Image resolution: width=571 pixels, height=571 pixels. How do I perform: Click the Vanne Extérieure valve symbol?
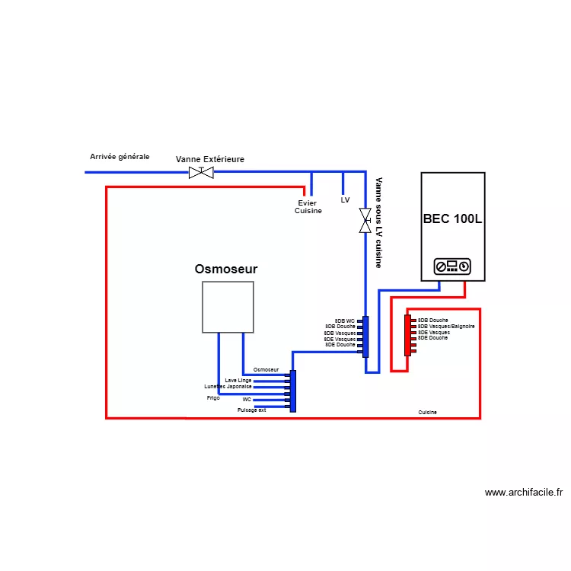(201, 172)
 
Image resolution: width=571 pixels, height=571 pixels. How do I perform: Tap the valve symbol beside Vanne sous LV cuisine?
(365, 221)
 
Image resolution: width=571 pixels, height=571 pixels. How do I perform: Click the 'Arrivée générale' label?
(120, 157)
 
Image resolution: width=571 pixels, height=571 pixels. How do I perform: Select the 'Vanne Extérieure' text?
(210, 159)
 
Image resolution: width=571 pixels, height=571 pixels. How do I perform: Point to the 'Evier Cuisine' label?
(308, 207)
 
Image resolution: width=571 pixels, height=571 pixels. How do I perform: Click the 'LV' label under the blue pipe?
(345, 200)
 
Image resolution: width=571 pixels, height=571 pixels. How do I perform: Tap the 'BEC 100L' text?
(453, 219)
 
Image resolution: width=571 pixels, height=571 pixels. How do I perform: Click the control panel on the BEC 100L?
(453, 266)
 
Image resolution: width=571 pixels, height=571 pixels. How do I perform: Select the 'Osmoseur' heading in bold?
(226, 269)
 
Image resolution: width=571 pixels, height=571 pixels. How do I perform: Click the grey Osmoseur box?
(228, 307)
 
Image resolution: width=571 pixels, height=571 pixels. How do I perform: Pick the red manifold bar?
(408, 336)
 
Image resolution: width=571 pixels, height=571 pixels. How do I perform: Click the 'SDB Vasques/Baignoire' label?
(446, 327)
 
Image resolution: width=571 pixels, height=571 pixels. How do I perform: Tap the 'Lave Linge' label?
(238, 380)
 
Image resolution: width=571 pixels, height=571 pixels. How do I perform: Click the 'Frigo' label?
(213, 397)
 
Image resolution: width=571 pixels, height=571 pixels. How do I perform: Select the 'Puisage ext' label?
(251, 410)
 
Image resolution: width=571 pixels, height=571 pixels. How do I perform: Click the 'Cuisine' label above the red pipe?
(428, 412)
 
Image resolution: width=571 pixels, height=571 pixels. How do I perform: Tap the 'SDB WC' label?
(345, 321)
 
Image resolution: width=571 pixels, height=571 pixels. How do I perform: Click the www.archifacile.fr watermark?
(524, 493)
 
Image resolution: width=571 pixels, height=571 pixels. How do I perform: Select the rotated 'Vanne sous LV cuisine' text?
(378, 222)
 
